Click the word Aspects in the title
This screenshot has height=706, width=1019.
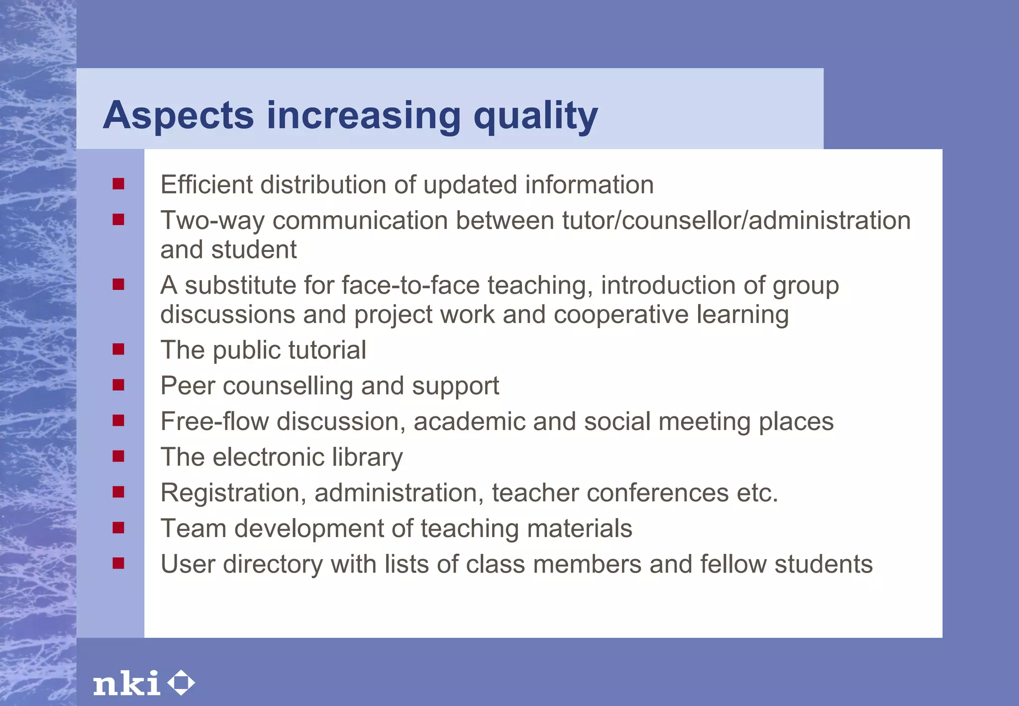click(x=178, y=116)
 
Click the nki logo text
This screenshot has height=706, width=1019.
click(x=126, y=683)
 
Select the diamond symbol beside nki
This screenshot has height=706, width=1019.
click(x=181, y=683)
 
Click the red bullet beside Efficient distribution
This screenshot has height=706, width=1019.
click(x=118, y=184)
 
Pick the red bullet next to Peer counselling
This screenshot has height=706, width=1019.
click(x=118, y=385)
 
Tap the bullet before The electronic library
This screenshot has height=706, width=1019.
click(x=118, y=456)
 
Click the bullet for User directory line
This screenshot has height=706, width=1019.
click(x=118, y=563)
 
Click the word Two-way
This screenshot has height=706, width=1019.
click(x=212, y=221)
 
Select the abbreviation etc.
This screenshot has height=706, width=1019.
click(x=757, y=493)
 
